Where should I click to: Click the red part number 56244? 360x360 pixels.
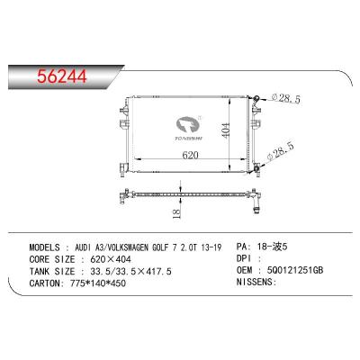tap(62, 76)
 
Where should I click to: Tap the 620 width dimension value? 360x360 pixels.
tap(190, 155)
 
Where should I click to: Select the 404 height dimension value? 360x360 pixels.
tap(226, 130)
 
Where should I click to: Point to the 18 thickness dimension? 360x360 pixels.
tap(177, 213)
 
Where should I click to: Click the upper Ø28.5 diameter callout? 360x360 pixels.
tap(285, 98)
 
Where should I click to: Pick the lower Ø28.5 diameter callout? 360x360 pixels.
tap(281, 152)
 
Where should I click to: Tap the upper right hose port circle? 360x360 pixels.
tap(256, 98)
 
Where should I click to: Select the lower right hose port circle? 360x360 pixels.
tap(257, 169)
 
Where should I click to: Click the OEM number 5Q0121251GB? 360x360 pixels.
tap(295, 270)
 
